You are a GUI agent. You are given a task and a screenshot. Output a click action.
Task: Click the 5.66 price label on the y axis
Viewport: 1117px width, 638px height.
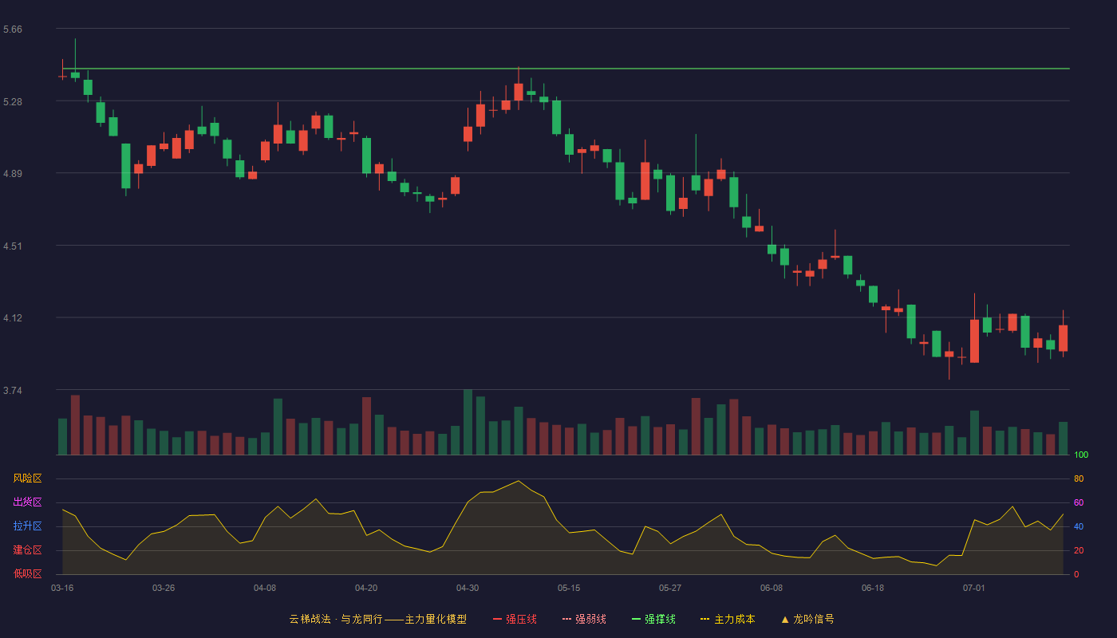pyautogui.click(x=13, y=30)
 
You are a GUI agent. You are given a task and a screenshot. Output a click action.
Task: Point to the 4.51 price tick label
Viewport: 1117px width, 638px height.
pyautogui.click(x=13, y=246)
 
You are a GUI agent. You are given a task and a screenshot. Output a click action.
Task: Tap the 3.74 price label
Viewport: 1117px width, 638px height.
pyautogui.click(x=13, y=391)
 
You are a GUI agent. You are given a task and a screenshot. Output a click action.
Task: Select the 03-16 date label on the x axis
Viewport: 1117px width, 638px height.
pyautogui.click(x=62, y=589)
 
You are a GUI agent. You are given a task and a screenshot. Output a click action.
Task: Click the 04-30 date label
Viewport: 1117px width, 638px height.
pyautogui.click(x=468, y=589)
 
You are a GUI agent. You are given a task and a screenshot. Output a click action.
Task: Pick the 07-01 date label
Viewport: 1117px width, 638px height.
pyautogui.click(x=974, y=589)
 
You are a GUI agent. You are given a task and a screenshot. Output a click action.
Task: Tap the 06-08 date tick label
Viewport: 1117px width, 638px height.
pyautogui.click(x=772, y=589)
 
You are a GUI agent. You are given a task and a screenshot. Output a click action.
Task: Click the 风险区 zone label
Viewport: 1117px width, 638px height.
pyautogui.click(x=27, y=478)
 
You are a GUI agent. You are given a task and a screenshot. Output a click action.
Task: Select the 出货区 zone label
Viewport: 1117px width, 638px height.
pyautogui.click(x=27, y=502)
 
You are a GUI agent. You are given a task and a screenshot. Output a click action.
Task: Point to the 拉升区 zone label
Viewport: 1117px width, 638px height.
pyautogui.click(x=27, y=526)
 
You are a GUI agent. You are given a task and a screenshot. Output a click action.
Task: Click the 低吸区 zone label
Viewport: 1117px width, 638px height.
pyautogui.click(x=27, y=573)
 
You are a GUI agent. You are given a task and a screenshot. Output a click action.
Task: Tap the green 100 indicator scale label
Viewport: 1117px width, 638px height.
pyautogui.click(x=1081, y=455)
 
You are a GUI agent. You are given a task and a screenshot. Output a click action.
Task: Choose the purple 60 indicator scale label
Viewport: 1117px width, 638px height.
pyautogui.click(x=1079, y=502)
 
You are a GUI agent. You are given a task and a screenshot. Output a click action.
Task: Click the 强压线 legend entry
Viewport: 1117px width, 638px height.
pyautogui.click(x=515, y=619)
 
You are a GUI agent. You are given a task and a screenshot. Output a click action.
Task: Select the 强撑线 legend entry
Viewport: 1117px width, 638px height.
pyautogui.click(x=653, y=619)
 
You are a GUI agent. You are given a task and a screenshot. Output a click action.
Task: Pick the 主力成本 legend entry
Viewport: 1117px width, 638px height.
pyautogui.click(x=728, y=619)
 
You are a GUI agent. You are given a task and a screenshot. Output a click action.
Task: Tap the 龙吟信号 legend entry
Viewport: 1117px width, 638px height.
pyautogui.click(x=807, y=619)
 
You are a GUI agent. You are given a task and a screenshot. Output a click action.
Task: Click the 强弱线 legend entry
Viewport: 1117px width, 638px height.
pyautogui.click(x=584, y=619)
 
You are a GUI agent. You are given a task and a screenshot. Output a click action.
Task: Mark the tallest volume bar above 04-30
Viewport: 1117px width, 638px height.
pyautogui.click(x=468, y=422)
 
